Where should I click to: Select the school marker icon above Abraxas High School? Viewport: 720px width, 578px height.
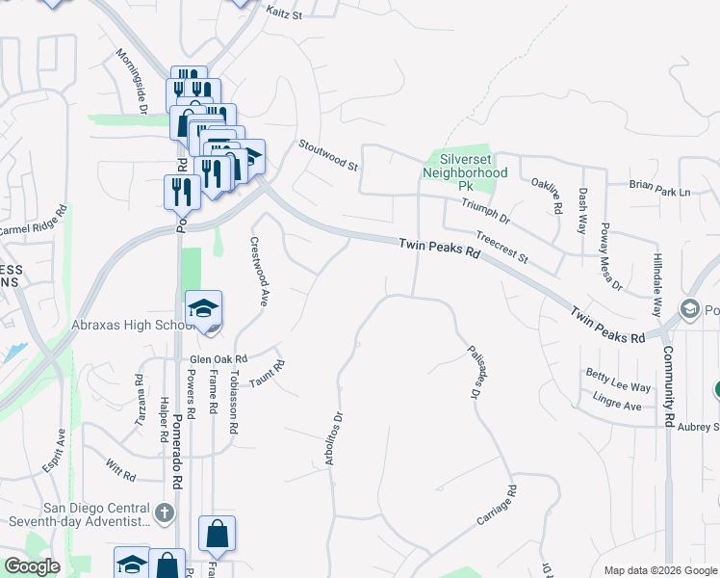tap(203, 310)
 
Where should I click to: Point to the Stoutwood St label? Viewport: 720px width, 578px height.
tap(327, 153)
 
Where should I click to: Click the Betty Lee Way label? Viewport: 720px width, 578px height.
tap(618, 380)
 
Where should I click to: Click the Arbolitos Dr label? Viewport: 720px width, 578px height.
tap(334, 438)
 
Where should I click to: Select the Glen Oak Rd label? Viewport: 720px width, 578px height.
tap(219, 355)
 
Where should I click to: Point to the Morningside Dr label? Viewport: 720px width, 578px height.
tap(129, 83)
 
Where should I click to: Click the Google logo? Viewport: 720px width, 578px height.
tap(33, 566)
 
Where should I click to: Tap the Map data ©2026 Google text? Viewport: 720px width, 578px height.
tap(660, 570)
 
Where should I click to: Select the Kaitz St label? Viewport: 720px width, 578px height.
tap(284, 15)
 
